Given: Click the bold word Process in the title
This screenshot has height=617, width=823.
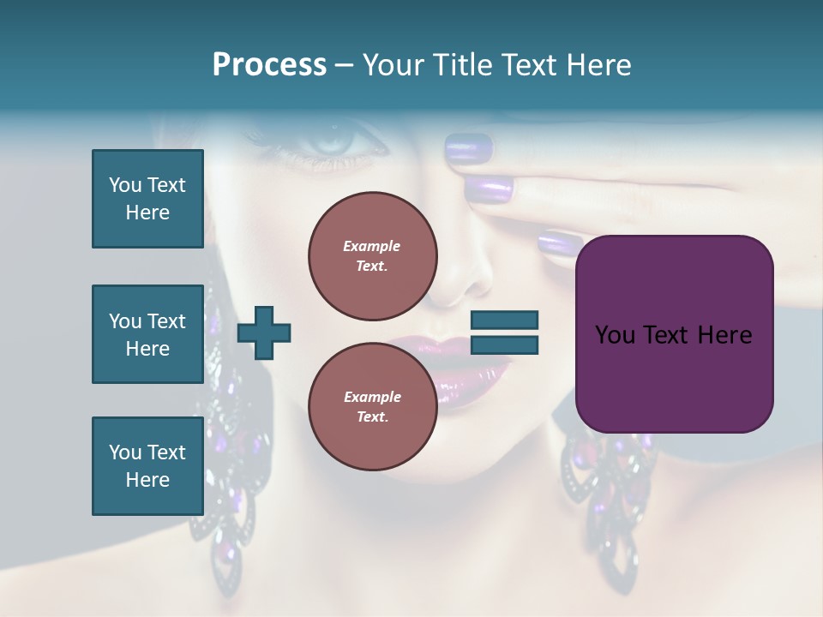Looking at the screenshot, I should (x=269, y=65).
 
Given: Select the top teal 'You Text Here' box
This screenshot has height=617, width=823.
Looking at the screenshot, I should (x=147, y=199).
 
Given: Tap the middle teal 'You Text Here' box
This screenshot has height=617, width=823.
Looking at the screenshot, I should (x=147, y=334).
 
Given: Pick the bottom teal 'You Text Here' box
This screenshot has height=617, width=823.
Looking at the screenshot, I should (x=147, y=465).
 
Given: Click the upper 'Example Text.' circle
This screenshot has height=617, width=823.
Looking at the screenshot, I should (x=372, y=255).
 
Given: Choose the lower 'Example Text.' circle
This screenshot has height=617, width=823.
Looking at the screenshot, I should (x=372, y=406).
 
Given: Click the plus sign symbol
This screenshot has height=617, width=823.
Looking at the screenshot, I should (x=264, y=332).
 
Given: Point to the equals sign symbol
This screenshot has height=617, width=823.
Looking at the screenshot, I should (x=504, y=332).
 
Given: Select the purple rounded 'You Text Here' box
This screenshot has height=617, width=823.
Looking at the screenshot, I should (x=674, y=334).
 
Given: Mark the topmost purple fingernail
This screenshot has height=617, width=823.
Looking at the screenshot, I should (x=468, y=148).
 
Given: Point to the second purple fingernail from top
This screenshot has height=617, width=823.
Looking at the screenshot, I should (x=490, y=187).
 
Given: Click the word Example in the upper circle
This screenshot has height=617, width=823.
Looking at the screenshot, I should (x=371, y=246).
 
